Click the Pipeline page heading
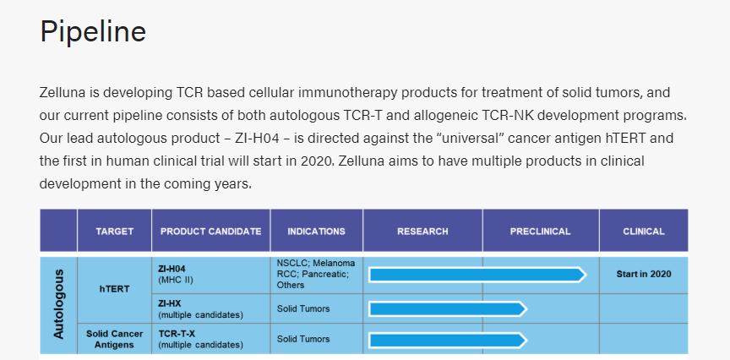click(x=93, y=31)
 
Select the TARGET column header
click(x=115, y=232)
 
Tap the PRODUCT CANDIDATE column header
click(x=211, y=232)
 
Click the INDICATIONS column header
click(x=317, y=232)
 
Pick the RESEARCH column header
click(x=422, y=232)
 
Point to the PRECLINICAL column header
click(x=541, y=232)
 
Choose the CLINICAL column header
click(x=644, y=232)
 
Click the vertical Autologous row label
click(x=58, y=304)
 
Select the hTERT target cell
click(x=115, y=289)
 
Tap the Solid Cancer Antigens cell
click(x=115, y=339)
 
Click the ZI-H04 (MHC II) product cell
click(x=211, y=275)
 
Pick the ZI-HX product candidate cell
click(x=211, y=308)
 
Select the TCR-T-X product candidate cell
click(x=211, y=339)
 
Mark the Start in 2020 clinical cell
click(x=644, y=275)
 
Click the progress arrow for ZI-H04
click(x=477, y=275)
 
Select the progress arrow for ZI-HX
click(x=448, y=308)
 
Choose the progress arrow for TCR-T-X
click(x=448, y=341)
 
